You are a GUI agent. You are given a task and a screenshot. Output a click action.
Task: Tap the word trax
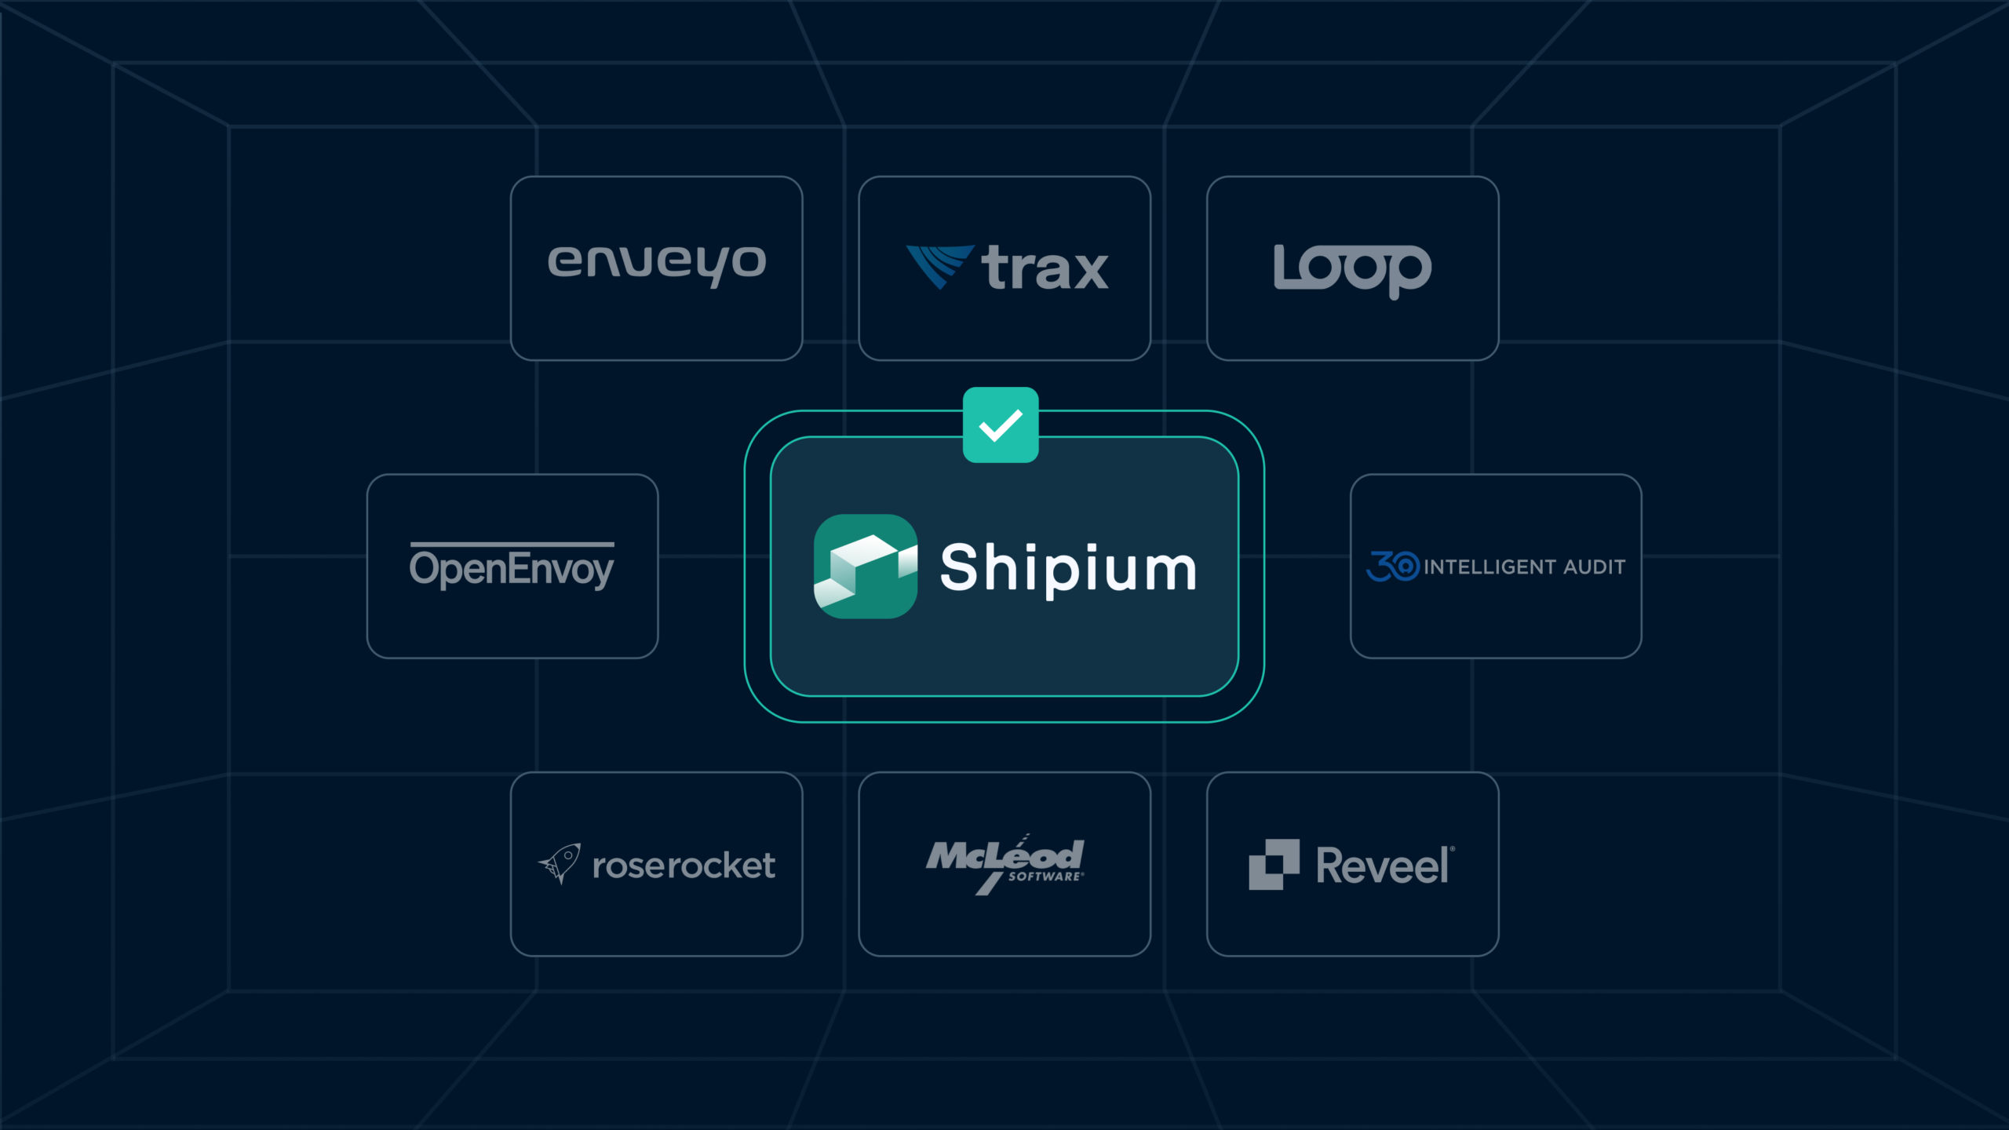(x=1045, y=268)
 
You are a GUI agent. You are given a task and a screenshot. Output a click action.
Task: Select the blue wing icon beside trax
(x=940, y=267)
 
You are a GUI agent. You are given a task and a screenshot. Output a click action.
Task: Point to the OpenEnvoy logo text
(x=512, y=569)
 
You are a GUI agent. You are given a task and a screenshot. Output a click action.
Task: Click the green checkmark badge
(x=1001, y=425)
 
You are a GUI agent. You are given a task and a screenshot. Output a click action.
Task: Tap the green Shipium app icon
(x=866, y=567)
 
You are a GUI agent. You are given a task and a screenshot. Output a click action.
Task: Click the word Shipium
(x=1068, y=569)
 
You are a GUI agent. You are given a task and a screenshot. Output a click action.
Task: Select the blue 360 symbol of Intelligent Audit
(x=1393, y=566)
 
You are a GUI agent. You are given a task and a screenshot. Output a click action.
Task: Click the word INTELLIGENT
(x=1490, y=567)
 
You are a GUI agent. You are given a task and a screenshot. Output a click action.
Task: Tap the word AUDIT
(x=1594, y=567)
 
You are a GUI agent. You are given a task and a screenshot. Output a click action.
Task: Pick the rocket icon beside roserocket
(x=560, y=863)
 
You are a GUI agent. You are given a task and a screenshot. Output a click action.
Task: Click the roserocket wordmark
(x=684, y=866)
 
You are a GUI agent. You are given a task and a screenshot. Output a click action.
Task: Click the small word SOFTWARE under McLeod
(x=1045, y=877)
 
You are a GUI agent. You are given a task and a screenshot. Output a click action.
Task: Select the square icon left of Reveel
(x=1274, y=865)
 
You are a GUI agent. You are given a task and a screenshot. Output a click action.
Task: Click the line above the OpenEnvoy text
(x=512, y=544)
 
